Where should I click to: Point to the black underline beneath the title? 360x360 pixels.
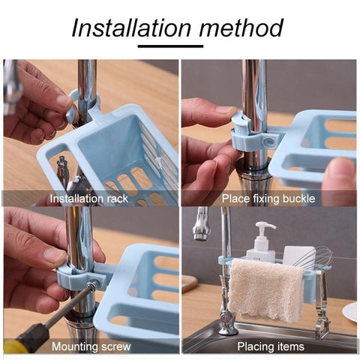click(x=178, y=46)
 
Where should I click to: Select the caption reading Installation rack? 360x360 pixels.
click(x=89, y=199)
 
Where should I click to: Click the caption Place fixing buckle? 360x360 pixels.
click(x=268, y=199)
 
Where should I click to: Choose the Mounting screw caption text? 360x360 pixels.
click(x=91, y=346)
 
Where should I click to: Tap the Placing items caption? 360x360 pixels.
click(x=270, y=346)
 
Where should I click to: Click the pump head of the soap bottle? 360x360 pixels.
click(x=265, y=227)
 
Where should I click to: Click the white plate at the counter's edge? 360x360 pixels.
click(x=350, y=312)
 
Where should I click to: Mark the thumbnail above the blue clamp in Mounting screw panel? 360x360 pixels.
click(x=53, y=255)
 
